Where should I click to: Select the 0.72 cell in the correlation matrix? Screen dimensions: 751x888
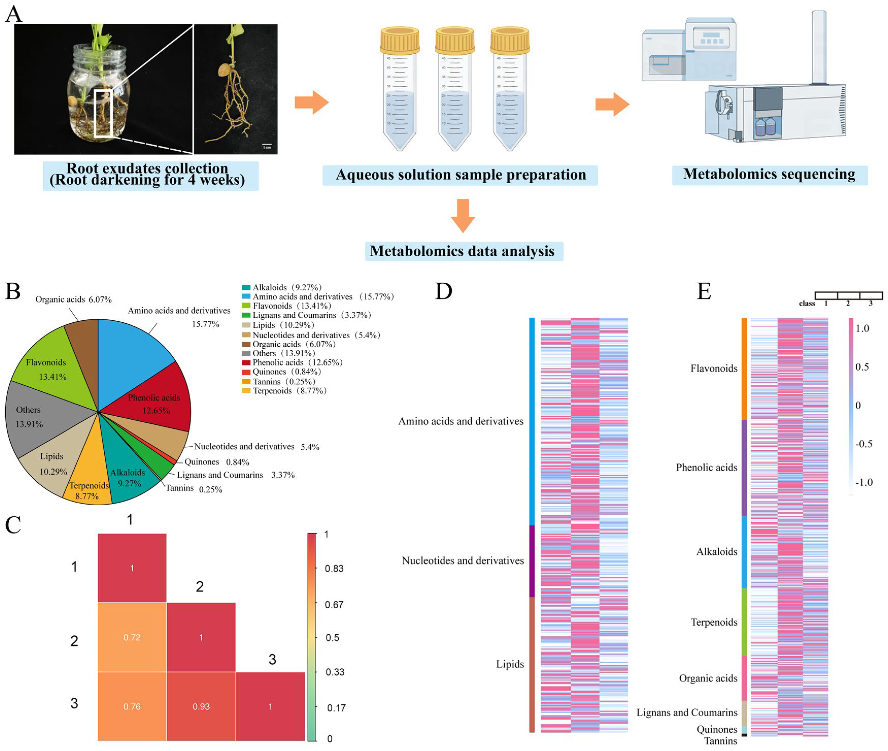[x=132, y=637]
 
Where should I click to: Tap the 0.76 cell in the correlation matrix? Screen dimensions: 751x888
[x=132, y=706]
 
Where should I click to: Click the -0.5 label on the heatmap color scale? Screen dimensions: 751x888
[x=863, y=444]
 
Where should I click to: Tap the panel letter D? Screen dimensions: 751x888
[x=443, y=291]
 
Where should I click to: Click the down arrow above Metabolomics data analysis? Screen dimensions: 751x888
[x=462, y=215]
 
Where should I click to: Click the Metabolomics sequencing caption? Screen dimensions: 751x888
[x=769, y=174]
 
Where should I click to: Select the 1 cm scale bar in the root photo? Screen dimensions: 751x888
[x=267, y=145]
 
